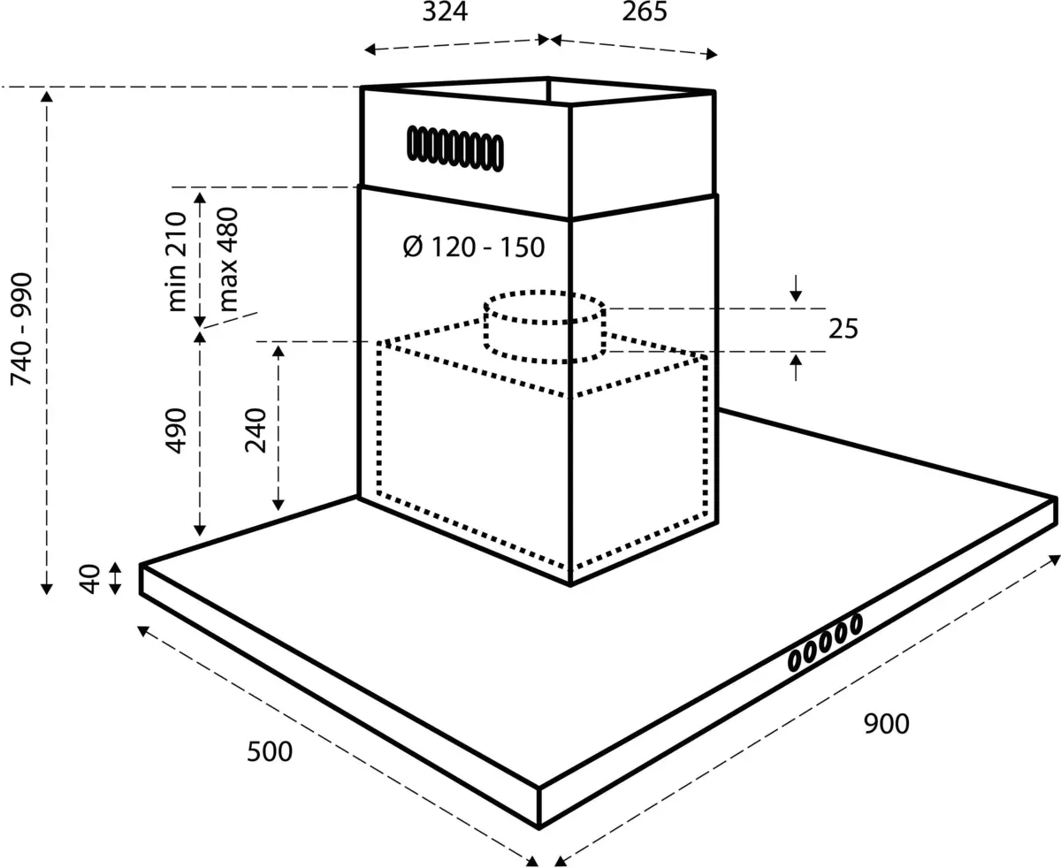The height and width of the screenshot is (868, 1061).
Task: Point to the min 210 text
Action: point(177,262)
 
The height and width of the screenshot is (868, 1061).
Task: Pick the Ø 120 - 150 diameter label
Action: point(473,247)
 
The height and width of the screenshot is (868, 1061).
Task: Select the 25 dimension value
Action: point(843,329)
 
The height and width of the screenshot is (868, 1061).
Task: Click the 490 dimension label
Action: point(177,430)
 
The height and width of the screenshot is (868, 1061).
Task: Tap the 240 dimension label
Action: point(256,430)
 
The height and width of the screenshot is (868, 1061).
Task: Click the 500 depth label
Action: point(269,752)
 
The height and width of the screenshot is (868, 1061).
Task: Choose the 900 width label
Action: point(884,724)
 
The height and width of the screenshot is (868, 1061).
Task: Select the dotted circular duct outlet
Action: point(545,325)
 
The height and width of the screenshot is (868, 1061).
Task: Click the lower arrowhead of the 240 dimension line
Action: point(279,503)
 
